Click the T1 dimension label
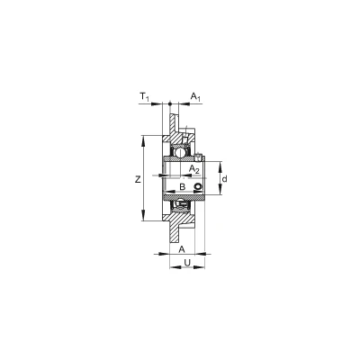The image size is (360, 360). (x=144, y=96)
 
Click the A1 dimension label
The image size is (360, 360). (x=195, y=96)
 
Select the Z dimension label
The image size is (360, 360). (x=138, y=179)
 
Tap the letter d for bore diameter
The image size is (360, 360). (x=224, y=179)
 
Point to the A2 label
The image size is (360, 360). (x=194, y=169)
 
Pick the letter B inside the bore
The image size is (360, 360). (x=182, y=187)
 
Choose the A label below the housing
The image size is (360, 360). (x=182, y=249)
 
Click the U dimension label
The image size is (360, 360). (x=187, y=263)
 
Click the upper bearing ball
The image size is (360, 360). (x=180, y=152)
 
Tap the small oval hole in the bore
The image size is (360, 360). (x=198, y=186)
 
